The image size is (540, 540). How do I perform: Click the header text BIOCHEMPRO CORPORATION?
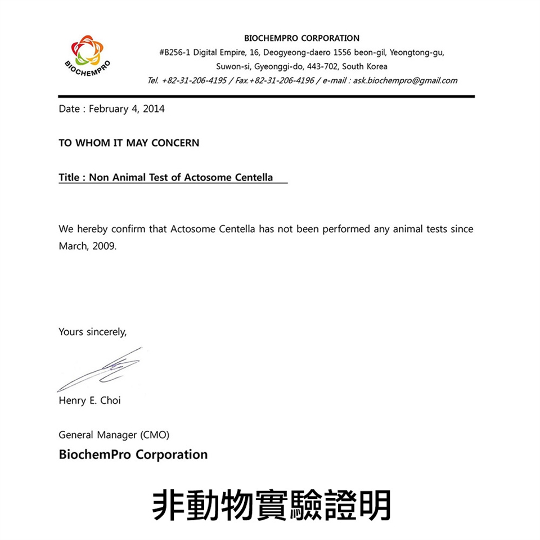[302, 38]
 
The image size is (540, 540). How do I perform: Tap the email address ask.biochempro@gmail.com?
[405, 80]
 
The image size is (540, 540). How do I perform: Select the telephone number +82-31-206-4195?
[194, 80]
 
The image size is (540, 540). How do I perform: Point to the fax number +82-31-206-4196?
[282, 80]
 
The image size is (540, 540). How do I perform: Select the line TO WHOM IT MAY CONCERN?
[129, 143]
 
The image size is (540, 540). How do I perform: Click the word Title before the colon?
[69, 177]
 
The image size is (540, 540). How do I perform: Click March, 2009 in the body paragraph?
[88, 246]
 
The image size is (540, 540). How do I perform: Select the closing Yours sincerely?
[93, 332]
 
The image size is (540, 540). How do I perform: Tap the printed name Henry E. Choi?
[89, 400]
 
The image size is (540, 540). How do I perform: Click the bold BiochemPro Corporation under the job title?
[133, 454]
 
